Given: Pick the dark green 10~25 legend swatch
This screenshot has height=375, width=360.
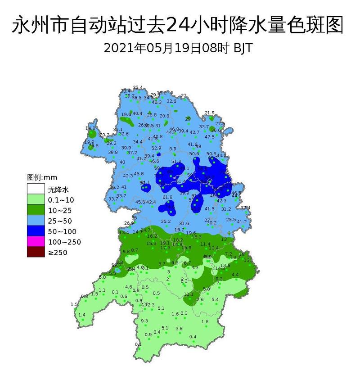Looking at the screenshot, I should [x=36, y=210].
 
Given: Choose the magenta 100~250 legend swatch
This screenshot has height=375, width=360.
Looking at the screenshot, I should [x=36, y=243].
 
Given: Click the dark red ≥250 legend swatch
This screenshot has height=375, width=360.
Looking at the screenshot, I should [x=36, y=253].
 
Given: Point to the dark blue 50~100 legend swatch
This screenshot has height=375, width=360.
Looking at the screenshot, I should [x=36, y=232].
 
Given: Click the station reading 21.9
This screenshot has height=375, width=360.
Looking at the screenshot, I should [x=210, y=113].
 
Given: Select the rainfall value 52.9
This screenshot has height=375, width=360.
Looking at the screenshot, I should [x=156, y=148].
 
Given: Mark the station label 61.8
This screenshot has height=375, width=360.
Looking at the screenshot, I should [x=167, y=197].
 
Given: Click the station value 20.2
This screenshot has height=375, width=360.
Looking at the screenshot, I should [x=104, y=135].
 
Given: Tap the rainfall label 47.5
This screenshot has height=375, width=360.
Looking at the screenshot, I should [x=210, y=137].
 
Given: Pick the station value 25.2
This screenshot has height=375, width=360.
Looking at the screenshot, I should [x=166, y=221].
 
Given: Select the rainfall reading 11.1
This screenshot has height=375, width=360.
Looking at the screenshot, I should [x=189, y=294].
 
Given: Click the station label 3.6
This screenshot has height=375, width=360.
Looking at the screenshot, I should [x=179, y=329].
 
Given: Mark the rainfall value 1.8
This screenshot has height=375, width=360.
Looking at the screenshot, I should [x=205, y=321].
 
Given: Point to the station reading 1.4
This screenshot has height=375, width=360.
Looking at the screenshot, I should [x=82, y=315].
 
